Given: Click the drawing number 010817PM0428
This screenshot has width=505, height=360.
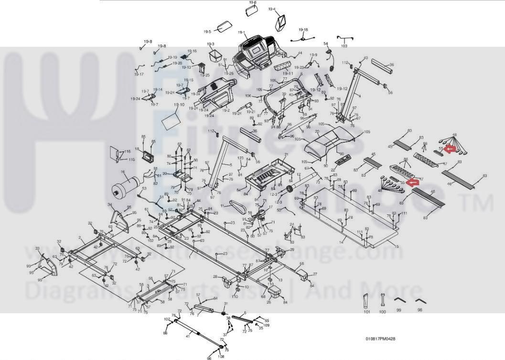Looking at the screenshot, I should click(380, 339).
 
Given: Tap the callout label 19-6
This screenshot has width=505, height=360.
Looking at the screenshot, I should click(253, 2).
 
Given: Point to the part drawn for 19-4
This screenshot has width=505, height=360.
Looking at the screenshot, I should click(281, 21).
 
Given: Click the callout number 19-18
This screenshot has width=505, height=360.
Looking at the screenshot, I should click(303, 30).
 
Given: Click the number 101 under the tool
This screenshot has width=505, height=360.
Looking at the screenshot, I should click(367, 312).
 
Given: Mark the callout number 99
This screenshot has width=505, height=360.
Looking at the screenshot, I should click(398, 310).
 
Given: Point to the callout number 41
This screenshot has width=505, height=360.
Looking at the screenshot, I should click(188, 337).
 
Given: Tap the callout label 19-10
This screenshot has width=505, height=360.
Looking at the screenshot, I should click(179, 105).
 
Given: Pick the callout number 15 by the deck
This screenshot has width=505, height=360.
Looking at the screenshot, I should click(396, 247).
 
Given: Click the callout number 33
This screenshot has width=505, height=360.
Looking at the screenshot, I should click(37, 249).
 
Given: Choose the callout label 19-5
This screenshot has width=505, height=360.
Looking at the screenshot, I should click(207, 32).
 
